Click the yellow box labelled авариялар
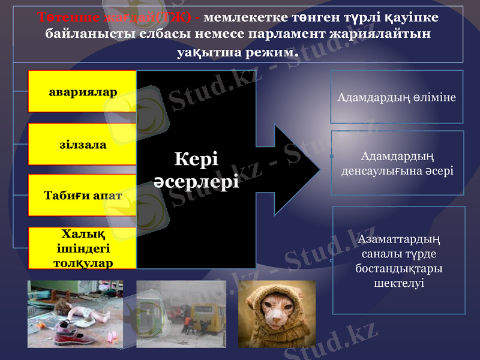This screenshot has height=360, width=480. pyautogui.click(x=83, y=91)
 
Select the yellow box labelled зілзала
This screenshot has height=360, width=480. pyautogui.click(x=83, y=145)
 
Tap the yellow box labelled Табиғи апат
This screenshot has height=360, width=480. pyautogui.click(x=83, y=195)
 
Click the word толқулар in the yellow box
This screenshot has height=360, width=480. pyautogui.click(x=83, y=263)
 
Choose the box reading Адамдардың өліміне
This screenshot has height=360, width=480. pyautogui.click(x=397, y=97)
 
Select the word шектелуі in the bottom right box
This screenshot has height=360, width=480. pyautogui.click(x=398, y=282)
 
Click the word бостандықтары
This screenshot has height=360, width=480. pyautogui.click(x=398, y=268)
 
